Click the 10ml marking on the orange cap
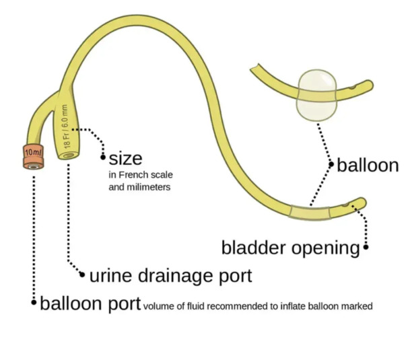pyautogui.click(x=32, y=153)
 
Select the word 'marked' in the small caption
pyautogui.click(x=357, y=306)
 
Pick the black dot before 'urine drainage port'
pyautogui.click(x=83, y=275)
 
